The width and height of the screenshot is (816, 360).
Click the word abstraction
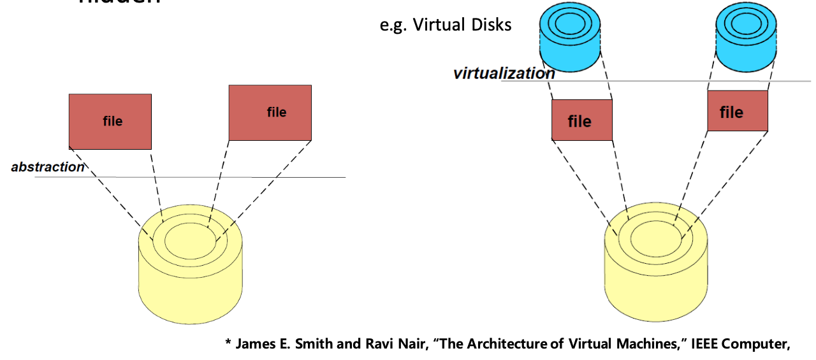pos(48,168)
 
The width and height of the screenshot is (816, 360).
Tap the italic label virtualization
pos(504,73)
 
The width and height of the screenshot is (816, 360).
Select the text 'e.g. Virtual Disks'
pos(445,25)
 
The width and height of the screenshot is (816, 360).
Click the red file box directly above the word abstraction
pos(110,121)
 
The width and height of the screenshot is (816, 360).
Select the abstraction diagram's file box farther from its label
pos(270,113)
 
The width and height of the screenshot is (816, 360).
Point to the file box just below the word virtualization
pos(581,120)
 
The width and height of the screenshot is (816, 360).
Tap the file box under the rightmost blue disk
pos(738,111)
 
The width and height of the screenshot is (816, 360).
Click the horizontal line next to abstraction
pos(217,177)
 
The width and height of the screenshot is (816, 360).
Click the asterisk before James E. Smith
pos(228,343)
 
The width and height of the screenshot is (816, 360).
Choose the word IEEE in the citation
pos(705,344)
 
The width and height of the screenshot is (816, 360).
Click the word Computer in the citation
pos(759,344)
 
